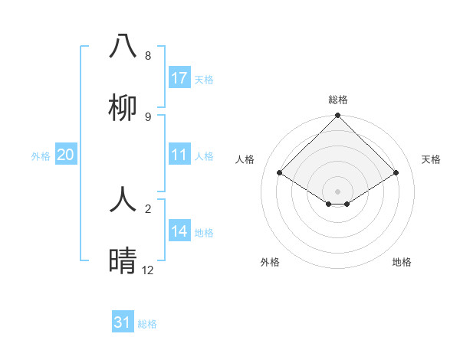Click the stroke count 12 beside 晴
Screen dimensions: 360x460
pos(148,270)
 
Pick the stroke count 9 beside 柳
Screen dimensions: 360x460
pos(148,117)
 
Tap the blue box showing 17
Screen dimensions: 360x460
pos(179,78)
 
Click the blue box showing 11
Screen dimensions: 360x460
pos(179,155)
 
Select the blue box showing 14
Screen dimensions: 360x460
pos(179,232)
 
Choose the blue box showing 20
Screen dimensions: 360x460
pos(66,155)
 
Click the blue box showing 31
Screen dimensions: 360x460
pos(123,323)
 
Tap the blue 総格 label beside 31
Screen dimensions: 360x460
pos(147,324)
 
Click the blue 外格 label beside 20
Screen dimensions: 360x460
pos(41,156)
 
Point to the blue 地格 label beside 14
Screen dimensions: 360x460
pos(204,233)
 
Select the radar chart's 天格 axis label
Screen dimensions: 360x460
pos(432,159)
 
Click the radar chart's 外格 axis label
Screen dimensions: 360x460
pos(270,262)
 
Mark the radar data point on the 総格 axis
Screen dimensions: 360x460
pos(337,116)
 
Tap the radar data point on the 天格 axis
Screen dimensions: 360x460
pos(396,172)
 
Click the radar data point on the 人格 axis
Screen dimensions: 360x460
pos(279,172)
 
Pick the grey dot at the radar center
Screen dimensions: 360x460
pos(337,191)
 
